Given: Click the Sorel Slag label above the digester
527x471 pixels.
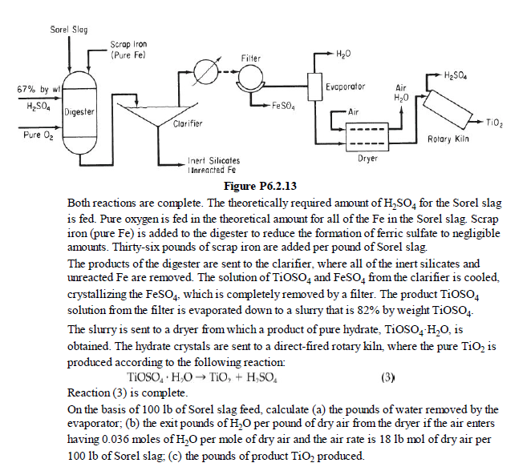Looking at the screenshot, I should pos(69,30).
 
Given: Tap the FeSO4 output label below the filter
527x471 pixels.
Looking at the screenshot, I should pos(285,104).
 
